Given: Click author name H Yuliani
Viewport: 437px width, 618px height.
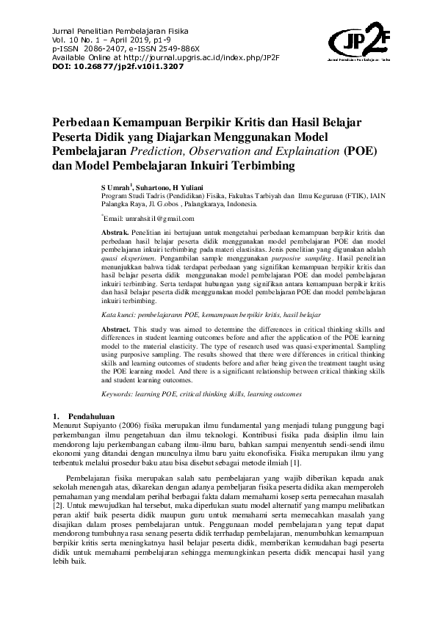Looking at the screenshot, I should [x=192, y=187].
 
